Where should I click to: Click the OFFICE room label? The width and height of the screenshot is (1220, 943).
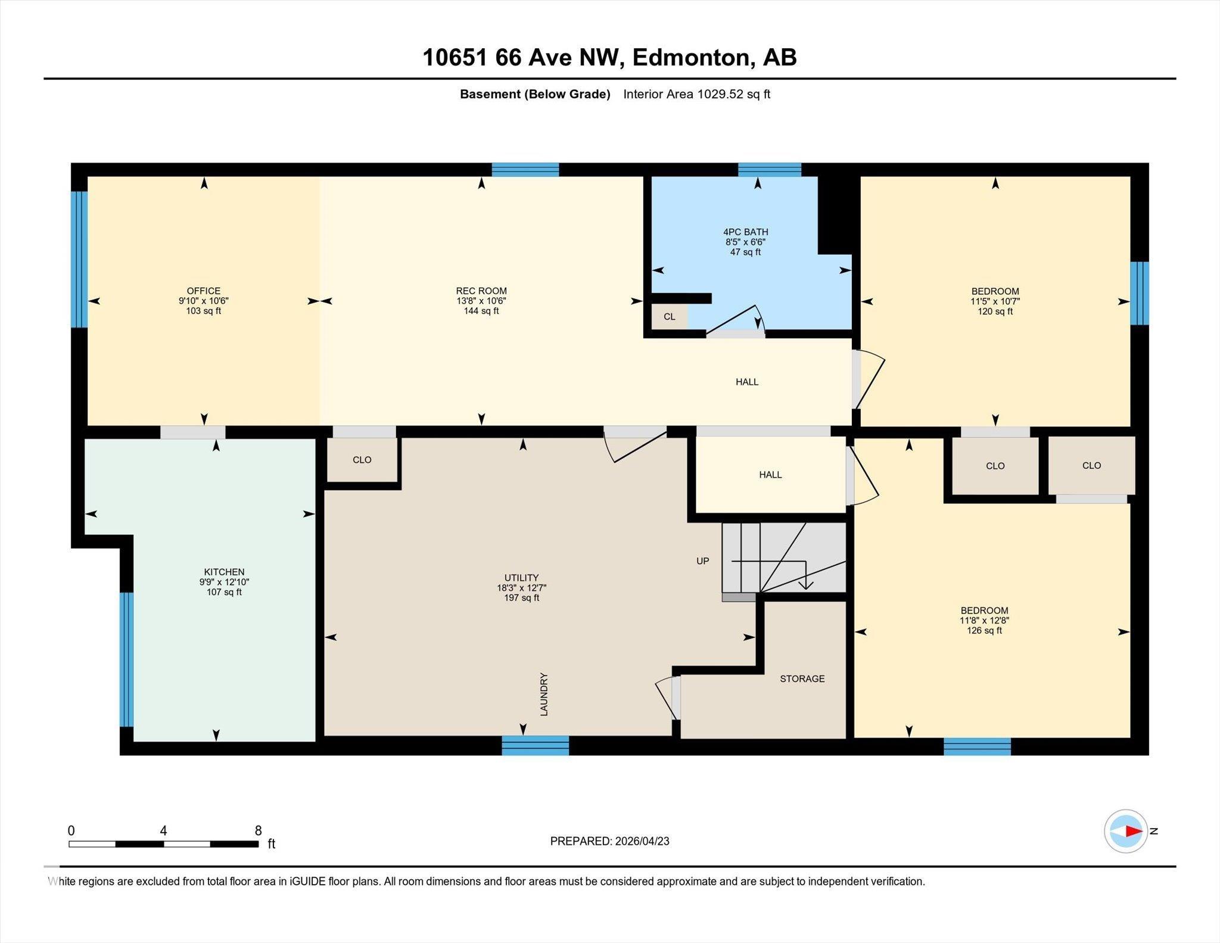[x=204, y=291]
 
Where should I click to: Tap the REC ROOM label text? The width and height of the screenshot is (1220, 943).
[x=481, y=291]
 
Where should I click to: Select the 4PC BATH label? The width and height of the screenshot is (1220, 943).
[x=746, y=232]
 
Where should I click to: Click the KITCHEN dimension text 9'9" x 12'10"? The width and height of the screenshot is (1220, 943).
[x=224, y=582]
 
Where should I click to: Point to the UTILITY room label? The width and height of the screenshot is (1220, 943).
[x=521, y=577]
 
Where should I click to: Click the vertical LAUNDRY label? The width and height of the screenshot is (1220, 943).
[x=543, y=694]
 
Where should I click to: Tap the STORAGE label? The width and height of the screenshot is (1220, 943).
[x=802, y=679]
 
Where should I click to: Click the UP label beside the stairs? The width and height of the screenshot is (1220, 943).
[x=703, y=561]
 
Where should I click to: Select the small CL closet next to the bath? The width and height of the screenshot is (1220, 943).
[x=670, y=316]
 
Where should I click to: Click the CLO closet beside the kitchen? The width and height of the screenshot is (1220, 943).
[x=362, y=459]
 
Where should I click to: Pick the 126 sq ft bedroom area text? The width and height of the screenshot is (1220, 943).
[x=984, y=630]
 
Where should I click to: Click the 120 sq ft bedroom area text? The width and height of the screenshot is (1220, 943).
[x=995, y=311]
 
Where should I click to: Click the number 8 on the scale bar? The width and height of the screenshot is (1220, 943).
[x=258, y=830]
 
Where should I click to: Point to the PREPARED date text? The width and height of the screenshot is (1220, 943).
[x=609, y=841]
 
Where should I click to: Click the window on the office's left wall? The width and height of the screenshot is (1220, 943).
[x=79, y=259]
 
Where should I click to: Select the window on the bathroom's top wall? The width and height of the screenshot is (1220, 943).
[x=770, y=170]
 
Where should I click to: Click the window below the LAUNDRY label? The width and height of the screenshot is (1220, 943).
[x=535, y=745]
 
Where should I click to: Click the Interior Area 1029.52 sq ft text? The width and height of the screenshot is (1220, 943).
[x=696, y=94]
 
